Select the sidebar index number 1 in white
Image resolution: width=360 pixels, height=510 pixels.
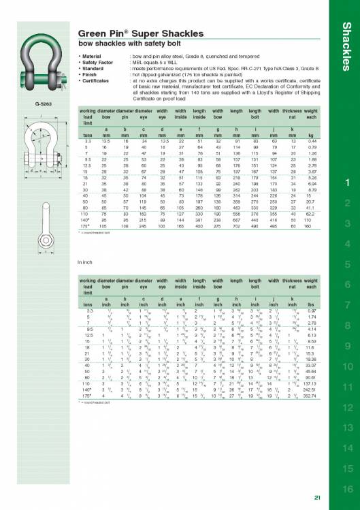(347, 163)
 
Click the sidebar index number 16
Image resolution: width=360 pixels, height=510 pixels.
(347, 489)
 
